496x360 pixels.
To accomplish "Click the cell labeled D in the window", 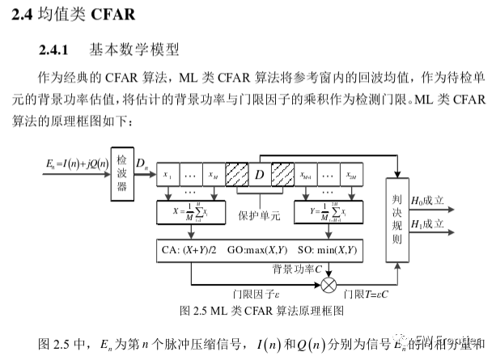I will pos(260,174).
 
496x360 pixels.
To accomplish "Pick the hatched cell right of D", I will pos(283,174).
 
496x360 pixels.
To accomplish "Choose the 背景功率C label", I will pos(296,265).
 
